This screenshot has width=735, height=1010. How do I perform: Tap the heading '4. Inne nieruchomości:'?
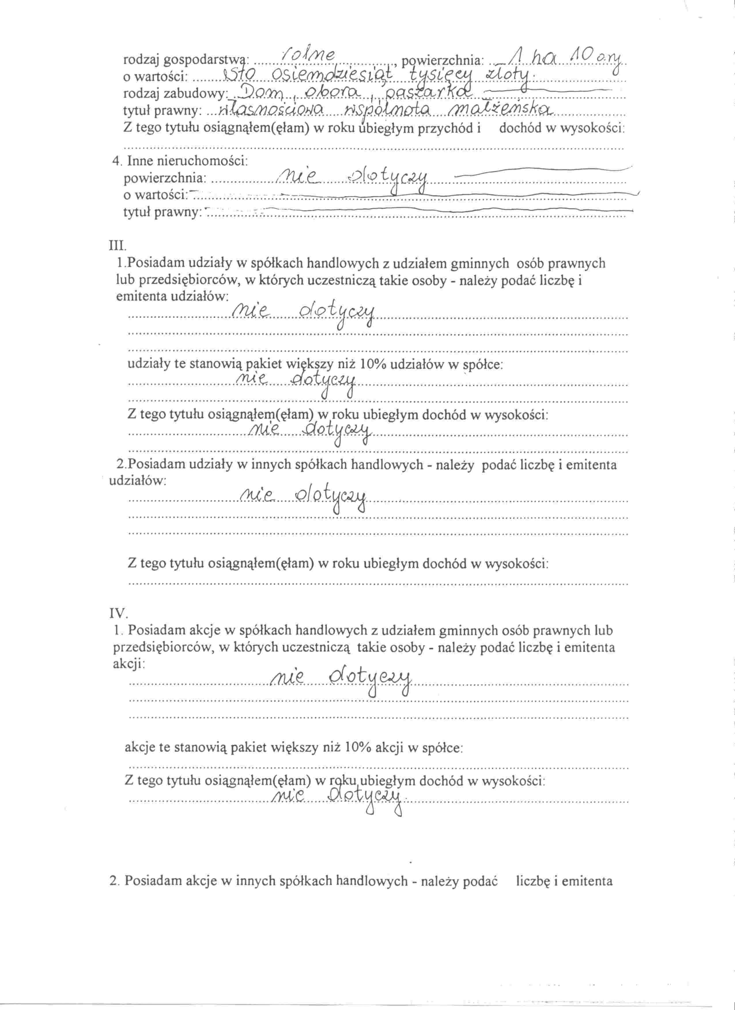(180, 161)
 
